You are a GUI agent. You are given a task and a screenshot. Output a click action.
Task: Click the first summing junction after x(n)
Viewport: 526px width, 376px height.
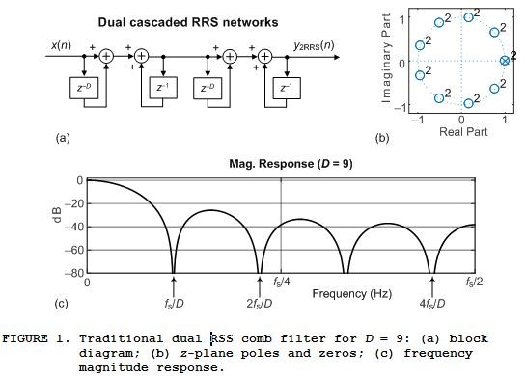(107, 57)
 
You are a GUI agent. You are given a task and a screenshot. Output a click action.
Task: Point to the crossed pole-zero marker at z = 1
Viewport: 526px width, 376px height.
(504, 62)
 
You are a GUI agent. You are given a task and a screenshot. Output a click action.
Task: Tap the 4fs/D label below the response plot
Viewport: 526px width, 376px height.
(433, 304)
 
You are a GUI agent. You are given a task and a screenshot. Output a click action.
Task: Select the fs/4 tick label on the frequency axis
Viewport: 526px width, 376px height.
(282, 282)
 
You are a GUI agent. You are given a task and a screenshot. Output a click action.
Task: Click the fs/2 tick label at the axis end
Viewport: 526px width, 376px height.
(474, 282)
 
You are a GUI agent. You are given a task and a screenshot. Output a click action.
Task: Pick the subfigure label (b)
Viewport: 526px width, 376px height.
(382, 138)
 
